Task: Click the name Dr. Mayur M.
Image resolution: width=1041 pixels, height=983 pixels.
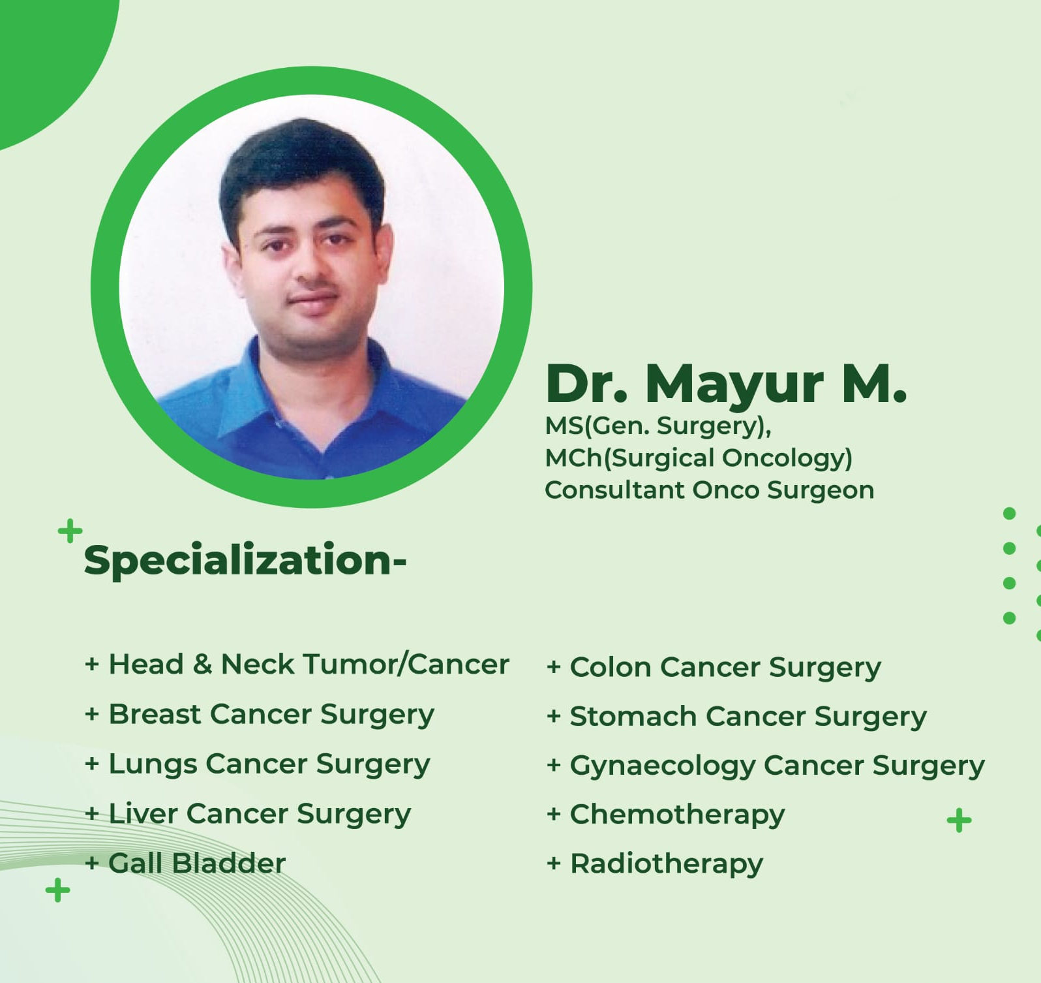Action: coord(726,384)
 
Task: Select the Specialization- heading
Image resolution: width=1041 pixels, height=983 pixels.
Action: coord(245,561)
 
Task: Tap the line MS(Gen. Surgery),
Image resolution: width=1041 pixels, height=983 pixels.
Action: coord(658,426)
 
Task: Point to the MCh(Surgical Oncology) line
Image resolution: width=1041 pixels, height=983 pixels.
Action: coord(699,458)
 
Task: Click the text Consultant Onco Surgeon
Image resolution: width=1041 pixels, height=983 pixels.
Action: coord(709,490)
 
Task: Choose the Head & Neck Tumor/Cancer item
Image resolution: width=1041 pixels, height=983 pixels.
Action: coord(297,664)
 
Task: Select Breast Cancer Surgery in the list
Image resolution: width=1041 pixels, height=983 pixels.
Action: coord(260,715)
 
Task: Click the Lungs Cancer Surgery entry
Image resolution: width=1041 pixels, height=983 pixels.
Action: coord(258,764)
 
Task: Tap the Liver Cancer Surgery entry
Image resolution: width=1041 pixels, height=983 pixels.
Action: coord(248,814)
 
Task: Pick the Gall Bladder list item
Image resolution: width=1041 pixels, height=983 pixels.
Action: coord(185,864)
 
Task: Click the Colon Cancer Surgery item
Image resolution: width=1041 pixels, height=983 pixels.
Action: coord(714,668)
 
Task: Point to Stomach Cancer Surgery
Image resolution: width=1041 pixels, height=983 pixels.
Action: coord(736,717)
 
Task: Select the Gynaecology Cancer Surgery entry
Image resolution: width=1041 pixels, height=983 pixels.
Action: coord(766,766)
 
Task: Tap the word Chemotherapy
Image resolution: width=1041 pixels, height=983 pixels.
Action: coord(666,815)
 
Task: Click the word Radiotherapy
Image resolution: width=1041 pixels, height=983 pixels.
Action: coord(655,864)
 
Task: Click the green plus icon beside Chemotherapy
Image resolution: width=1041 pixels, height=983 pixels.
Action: coord(959,820)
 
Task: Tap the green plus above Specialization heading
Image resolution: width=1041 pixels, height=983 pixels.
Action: coord(70,531)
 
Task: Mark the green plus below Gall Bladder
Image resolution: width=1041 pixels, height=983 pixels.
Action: coord(57,890)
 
